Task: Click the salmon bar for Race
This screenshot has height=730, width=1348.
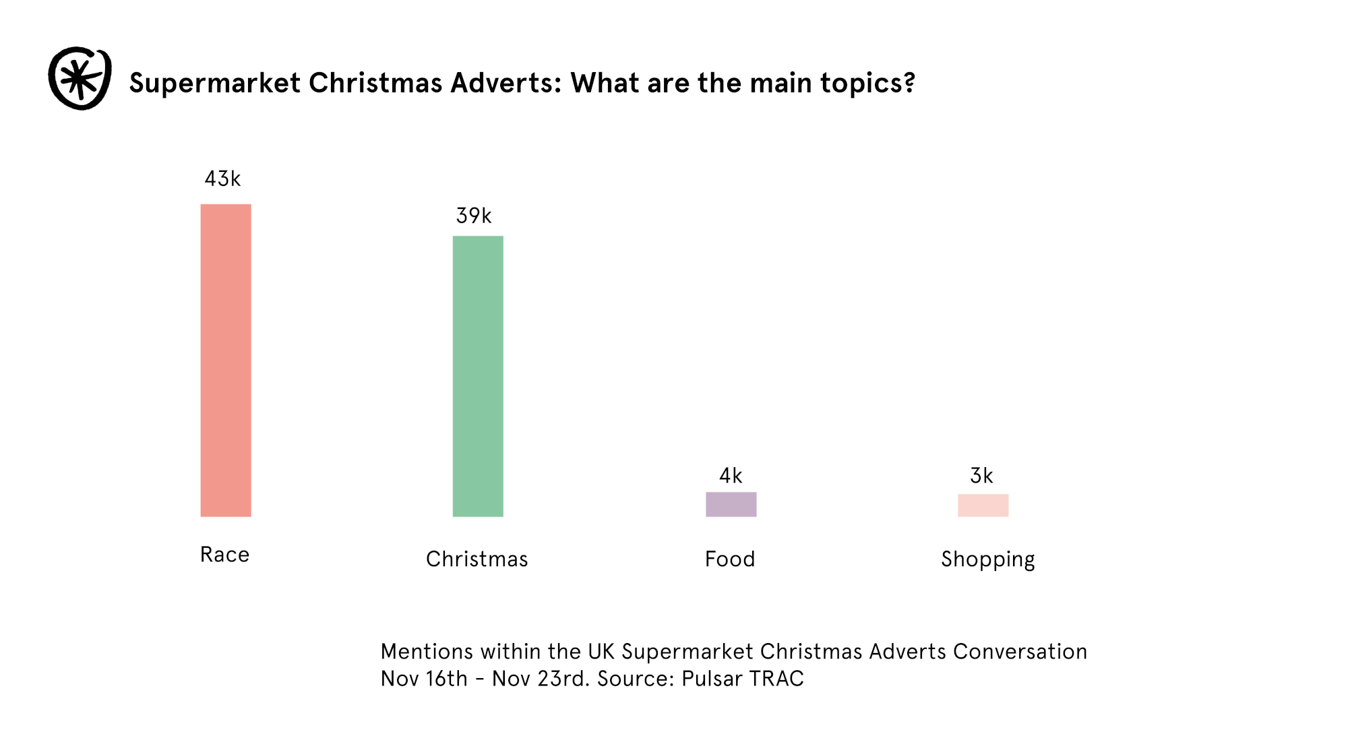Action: click(226, 360)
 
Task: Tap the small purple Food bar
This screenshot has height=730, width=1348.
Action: click(731, 504)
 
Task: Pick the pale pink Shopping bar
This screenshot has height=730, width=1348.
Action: click(983, 506)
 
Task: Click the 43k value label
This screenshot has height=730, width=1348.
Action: click(222, 179)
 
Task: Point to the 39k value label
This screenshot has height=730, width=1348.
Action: click(474, 216)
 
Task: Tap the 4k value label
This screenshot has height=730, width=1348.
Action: click(731, 476)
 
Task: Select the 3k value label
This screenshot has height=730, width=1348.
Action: click(981, 476)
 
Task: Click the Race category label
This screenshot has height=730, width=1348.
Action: click(225, 555)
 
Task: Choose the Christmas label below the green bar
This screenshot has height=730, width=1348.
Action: click(477, 559)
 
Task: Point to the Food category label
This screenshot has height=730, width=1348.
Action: click(730, 559)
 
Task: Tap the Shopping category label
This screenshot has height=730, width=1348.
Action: click(988, 559)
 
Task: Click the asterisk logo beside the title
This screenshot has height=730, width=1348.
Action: click(80, 78)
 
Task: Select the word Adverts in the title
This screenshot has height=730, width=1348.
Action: click(506, 83)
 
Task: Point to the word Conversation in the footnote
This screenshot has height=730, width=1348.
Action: click(1020, 652)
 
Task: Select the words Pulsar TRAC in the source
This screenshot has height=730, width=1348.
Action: click(743, 679)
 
